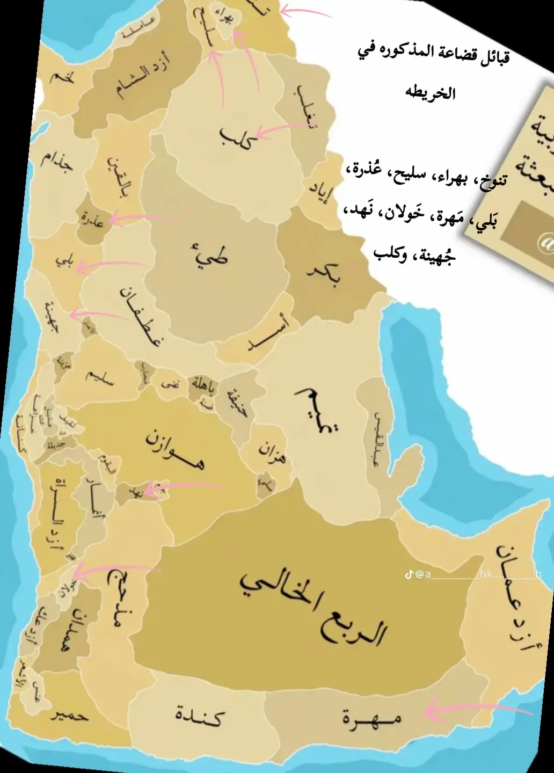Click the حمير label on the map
tap(70, 716)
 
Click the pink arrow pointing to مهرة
tap(478, 710)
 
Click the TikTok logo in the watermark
tap(409, 575)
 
